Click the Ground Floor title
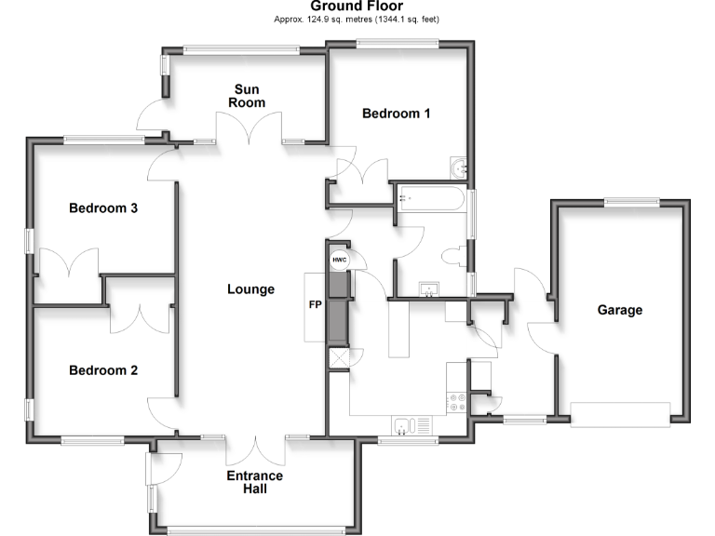(x=357, y=7)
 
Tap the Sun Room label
(x=249, y=96)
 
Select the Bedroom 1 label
(x=397, y=114)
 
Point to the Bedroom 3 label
(x=103, y=208)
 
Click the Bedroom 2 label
(x=103, y=370)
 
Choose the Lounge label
(x=250, y=289)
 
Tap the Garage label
(x=619, y=310)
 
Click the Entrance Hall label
(x=255, y=482)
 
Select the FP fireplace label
(x=315, y=304)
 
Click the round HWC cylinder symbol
(x=338, y=260)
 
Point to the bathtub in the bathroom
(x=429, y=198)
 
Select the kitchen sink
(x=403, y=426)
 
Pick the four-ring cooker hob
(x=457, y=403)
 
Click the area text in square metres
(x=356, y=20)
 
